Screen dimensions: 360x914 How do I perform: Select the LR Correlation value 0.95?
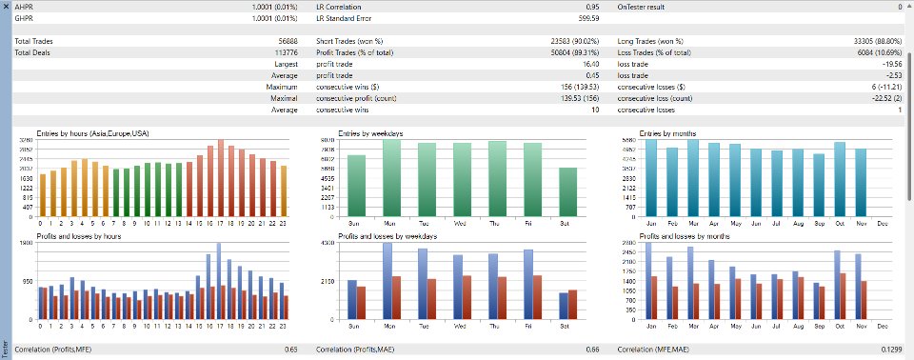[591, 7]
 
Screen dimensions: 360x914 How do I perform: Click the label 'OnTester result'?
[650, 7]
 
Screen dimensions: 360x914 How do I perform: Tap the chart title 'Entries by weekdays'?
[370, 134]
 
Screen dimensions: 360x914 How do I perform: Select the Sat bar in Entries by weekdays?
[566, 191]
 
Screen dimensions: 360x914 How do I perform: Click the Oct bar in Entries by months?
[839, 179]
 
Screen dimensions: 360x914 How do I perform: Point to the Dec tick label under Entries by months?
[881, 223]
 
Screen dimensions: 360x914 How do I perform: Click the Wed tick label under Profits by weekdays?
[461, 326]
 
